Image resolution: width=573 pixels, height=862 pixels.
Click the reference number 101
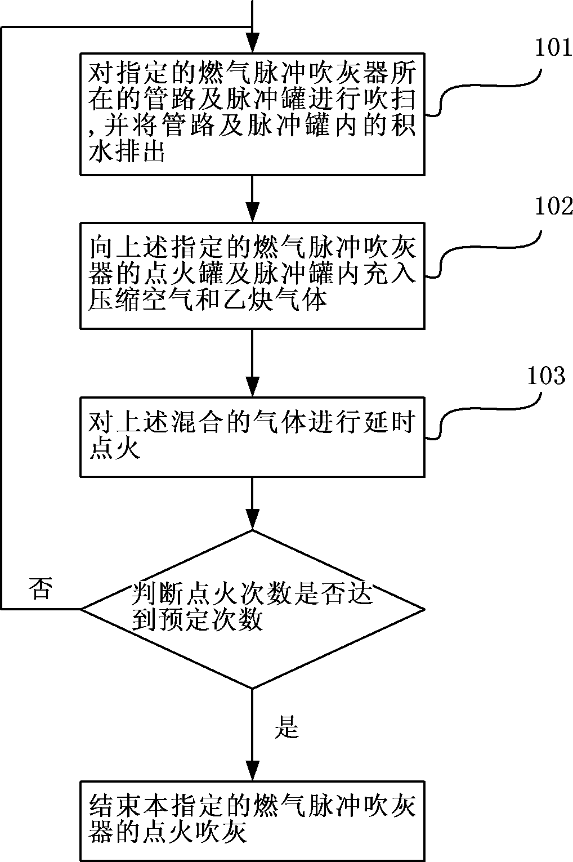point(553,48)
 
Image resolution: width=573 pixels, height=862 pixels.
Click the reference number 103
point(545,376)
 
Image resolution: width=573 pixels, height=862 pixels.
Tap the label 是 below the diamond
point(286,727)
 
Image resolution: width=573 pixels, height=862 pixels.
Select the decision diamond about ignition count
point(252,609)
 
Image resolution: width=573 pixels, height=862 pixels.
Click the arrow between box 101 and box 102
point(252,198)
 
